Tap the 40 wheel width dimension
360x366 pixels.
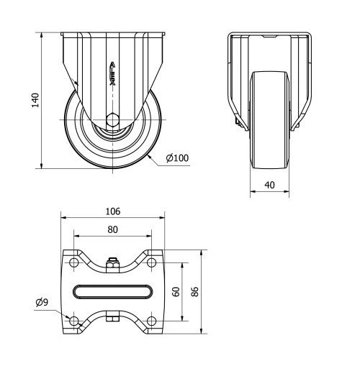(270, 185)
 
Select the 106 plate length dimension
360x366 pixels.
(112, 211)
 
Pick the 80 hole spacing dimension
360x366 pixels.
(112, 230)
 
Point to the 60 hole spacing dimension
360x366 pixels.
(176, 291)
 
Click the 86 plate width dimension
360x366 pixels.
(196, 291)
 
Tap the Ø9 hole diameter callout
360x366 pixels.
(42, 303)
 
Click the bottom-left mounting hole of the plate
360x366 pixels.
(74, 320)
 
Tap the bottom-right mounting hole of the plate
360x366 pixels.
(151, 320)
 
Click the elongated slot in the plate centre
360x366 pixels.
(112, 291)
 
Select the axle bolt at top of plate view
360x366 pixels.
(112, 265)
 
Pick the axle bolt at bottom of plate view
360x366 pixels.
(112, 316)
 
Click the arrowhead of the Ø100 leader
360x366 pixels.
(150, 153)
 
